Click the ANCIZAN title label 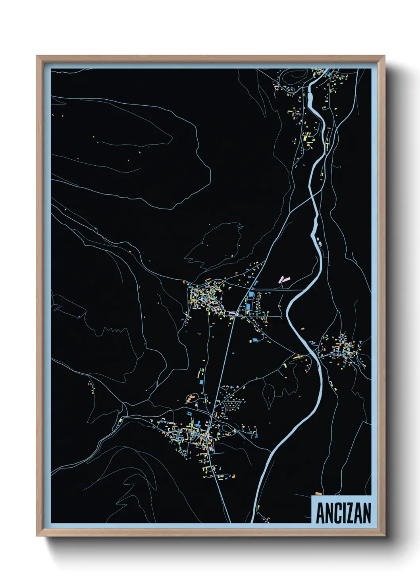click(343, 513)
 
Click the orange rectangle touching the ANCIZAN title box click(318, 493)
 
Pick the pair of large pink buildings click(284, 279)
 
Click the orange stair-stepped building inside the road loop click(192, 397)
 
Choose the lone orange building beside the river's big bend click(302, 329)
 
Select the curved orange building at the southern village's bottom click(233, 475)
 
